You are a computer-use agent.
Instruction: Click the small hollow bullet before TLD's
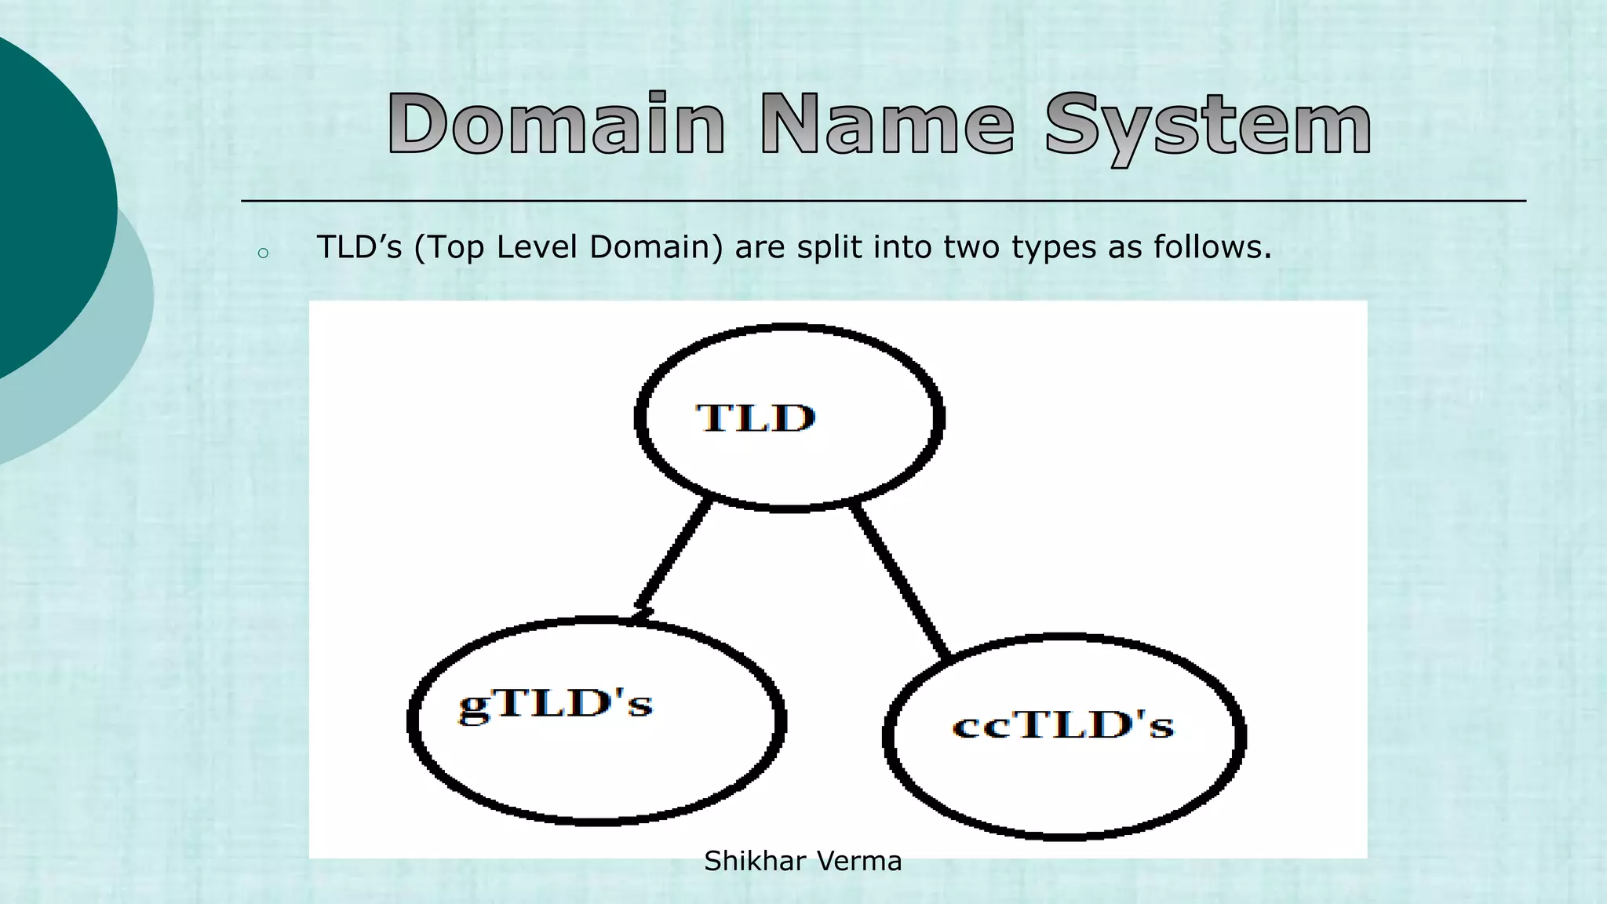263,253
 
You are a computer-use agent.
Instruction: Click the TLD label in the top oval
756,417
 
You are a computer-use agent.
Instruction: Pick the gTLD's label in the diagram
556,704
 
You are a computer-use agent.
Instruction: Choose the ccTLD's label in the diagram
1063,725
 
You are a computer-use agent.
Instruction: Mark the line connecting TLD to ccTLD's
901,581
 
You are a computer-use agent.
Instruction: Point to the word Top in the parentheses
455,249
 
